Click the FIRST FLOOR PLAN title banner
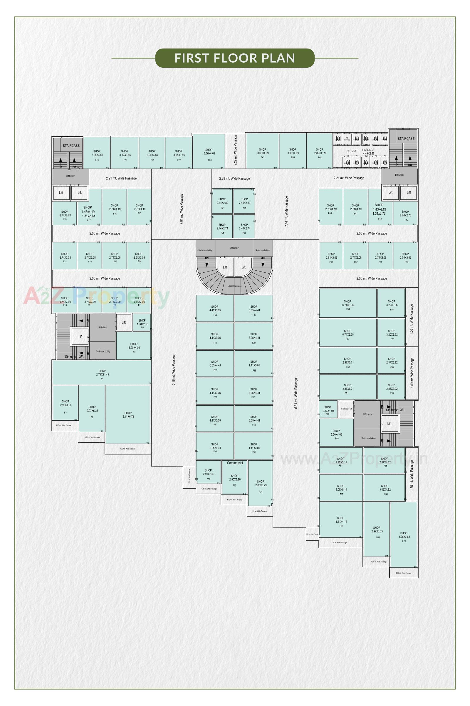click(235, 58)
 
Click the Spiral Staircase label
click(234, 286)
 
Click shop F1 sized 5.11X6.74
click(128, 415)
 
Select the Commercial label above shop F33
click(235, 463)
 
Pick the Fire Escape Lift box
click(346, 409)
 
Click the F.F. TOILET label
click(352, 151)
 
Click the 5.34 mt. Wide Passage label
click(296, 393)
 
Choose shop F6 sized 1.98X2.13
click(142, 323)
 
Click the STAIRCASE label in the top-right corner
click(406, 139)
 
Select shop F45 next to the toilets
click(320, 152)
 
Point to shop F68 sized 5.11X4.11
click(341, 521)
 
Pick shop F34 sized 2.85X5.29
click(261, 484)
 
